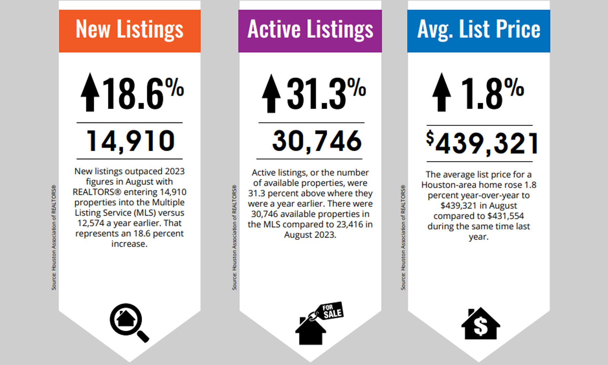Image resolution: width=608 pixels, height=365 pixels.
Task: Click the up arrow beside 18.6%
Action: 90,92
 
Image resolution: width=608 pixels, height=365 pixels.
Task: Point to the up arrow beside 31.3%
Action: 271,93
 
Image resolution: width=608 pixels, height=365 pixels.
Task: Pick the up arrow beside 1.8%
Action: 441,92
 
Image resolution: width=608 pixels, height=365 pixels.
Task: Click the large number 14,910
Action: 130,141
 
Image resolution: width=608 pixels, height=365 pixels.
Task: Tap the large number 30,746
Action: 317,141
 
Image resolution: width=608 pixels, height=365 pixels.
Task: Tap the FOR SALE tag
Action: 332,311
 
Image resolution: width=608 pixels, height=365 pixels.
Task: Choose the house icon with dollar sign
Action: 480,324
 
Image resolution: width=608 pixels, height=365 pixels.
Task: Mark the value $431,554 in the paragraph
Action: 506,216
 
